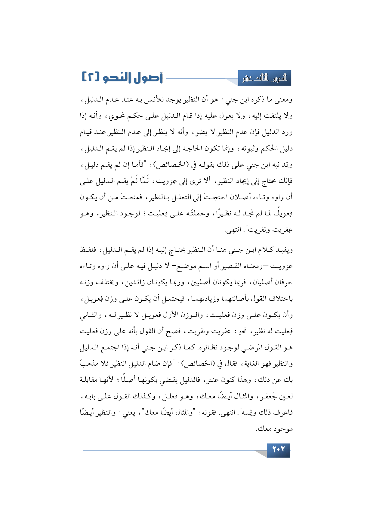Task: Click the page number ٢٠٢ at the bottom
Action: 278,450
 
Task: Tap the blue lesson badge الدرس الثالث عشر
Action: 264,78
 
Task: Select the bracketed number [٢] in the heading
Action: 89,77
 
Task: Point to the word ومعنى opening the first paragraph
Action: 283,100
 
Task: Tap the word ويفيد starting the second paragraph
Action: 285,250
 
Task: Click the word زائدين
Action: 134,282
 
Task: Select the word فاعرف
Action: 285,413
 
